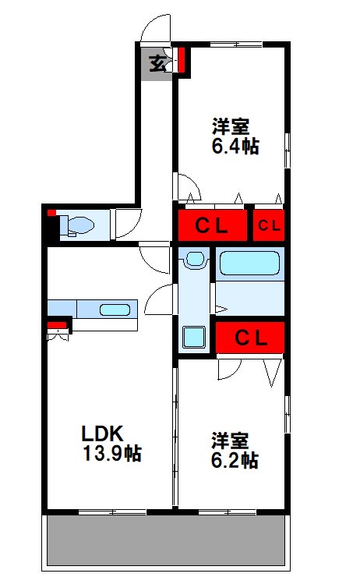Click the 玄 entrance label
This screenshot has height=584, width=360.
click(157, 63)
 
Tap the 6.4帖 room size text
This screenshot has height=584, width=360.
click(235, 146)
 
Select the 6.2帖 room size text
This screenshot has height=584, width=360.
click(235, 460)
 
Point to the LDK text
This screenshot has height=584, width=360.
click(102, 434)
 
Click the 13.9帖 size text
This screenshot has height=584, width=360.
click(111, 453)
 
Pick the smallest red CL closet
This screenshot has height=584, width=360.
click(269, 225)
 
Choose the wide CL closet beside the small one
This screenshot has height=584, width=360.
click(212, 225)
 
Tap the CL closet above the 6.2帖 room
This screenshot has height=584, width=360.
click(250, 338)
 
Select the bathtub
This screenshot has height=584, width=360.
click(250, 264)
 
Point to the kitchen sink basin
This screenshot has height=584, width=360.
click(115, 310)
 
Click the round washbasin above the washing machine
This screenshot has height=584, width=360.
click(194, 259)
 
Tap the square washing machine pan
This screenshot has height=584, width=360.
click(193, 337)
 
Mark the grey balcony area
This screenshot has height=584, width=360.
click(166, 540)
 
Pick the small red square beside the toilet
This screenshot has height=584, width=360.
click(51, 213)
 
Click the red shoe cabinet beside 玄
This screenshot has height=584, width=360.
click(182, 59)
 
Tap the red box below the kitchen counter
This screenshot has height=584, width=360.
click(57, 325)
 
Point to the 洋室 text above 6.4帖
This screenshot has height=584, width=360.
click(231, 126)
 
